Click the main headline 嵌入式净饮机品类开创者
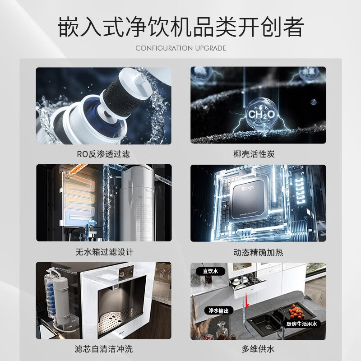180,27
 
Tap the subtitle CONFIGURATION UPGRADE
180,48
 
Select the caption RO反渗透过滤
103,154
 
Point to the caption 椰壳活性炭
258,154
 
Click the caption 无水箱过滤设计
103,252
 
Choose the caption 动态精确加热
258,252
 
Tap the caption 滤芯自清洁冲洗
103,349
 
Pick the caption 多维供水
258,349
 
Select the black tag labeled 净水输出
219,311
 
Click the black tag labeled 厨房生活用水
302,324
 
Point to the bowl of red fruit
296,311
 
